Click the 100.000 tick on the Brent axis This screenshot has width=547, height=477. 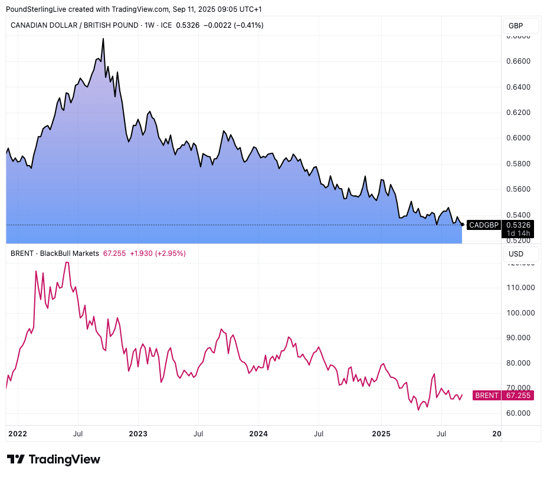click(x=520, y=312)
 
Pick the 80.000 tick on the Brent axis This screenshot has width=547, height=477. click(x=520, y=363)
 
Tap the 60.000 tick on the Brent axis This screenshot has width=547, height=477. click(x=520, y=413)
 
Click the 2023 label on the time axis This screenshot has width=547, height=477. click(x=138, y=434)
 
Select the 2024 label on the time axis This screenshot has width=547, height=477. click(x=258, y=434)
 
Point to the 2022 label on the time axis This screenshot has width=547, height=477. click(x=18, y=434)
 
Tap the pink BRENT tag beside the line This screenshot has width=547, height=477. click(x=487, y=395)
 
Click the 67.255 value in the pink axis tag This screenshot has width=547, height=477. click(x=517, y=395)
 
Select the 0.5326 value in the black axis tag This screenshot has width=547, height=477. click(x=518, y=225)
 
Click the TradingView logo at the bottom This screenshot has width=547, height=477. click(x=53, y=459)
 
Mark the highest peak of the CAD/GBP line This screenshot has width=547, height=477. click(x=103, y=39)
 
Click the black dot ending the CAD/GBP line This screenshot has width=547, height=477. click(x=462, y=224)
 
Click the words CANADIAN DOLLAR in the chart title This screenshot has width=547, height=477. click(x=42, y=25)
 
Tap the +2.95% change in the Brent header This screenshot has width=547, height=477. click(x=170, y=254)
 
